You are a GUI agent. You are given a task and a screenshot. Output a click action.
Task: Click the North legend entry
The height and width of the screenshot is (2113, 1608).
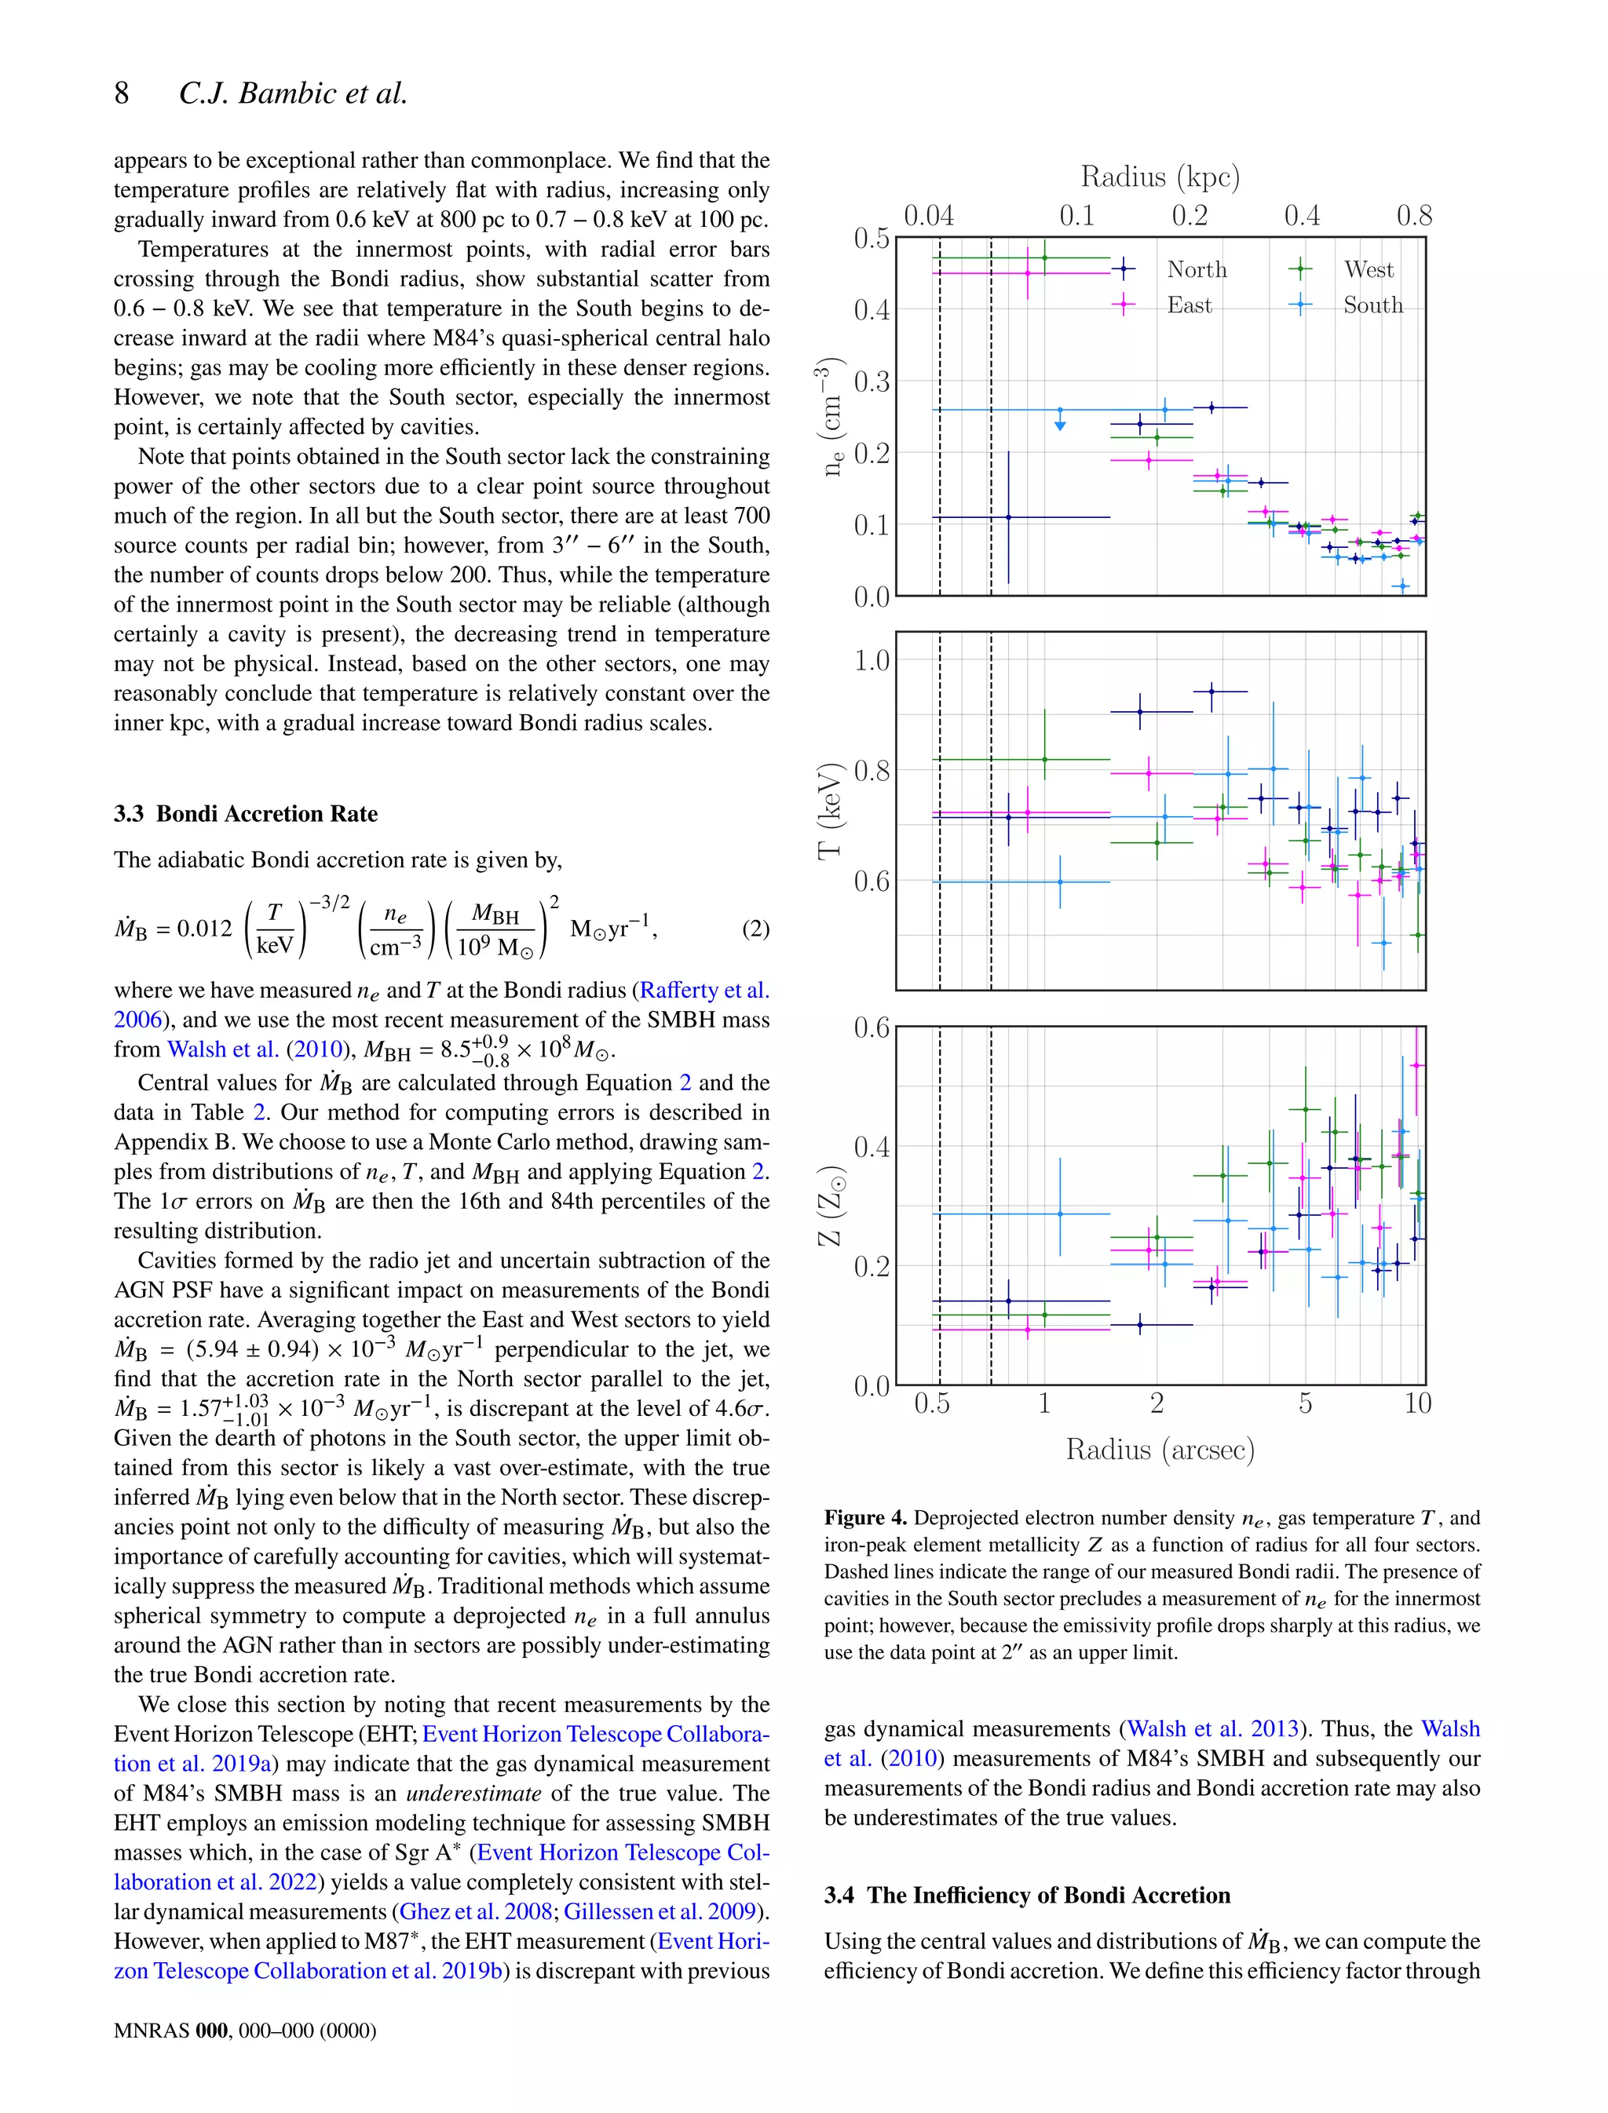[x=1196, y=270]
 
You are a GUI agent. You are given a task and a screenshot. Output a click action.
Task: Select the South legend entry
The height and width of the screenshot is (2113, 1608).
[x=1372, y=305]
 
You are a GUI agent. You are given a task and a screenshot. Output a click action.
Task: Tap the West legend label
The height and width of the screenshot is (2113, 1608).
[x=1368, y=270]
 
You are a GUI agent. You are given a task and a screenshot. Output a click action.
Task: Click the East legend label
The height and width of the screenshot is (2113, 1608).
[x=1189, y=305]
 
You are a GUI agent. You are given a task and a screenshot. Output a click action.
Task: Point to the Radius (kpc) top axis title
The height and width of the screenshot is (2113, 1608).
[x=1160, y=177]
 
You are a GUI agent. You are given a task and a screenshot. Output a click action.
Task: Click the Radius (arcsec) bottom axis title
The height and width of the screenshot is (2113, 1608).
[x=1160, y=1450]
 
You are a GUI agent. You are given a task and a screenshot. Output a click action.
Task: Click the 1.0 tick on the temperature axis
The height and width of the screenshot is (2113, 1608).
[x=871, y=660]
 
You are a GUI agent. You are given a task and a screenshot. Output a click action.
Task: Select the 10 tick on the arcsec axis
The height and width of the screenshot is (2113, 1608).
[x=1417, y=1404]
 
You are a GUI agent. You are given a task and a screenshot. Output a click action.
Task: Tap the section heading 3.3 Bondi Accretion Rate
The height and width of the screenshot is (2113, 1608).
[x=246, y=813]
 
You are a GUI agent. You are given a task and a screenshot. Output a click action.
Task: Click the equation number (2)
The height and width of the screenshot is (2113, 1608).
[x=755, y=929]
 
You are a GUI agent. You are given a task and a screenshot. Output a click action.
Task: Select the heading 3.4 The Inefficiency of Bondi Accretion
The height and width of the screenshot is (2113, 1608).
[x=1027, y=1895]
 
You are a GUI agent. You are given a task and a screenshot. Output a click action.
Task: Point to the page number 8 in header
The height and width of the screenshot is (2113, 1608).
[x=122, y=93]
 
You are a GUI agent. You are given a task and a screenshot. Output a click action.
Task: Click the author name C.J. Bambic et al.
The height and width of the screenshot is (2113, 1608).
[x=293, y=93]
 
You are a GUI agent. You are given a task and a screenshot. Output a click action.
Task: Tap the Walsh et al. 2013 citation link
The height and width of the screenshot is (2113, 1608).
[x=1213, y=1728]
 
